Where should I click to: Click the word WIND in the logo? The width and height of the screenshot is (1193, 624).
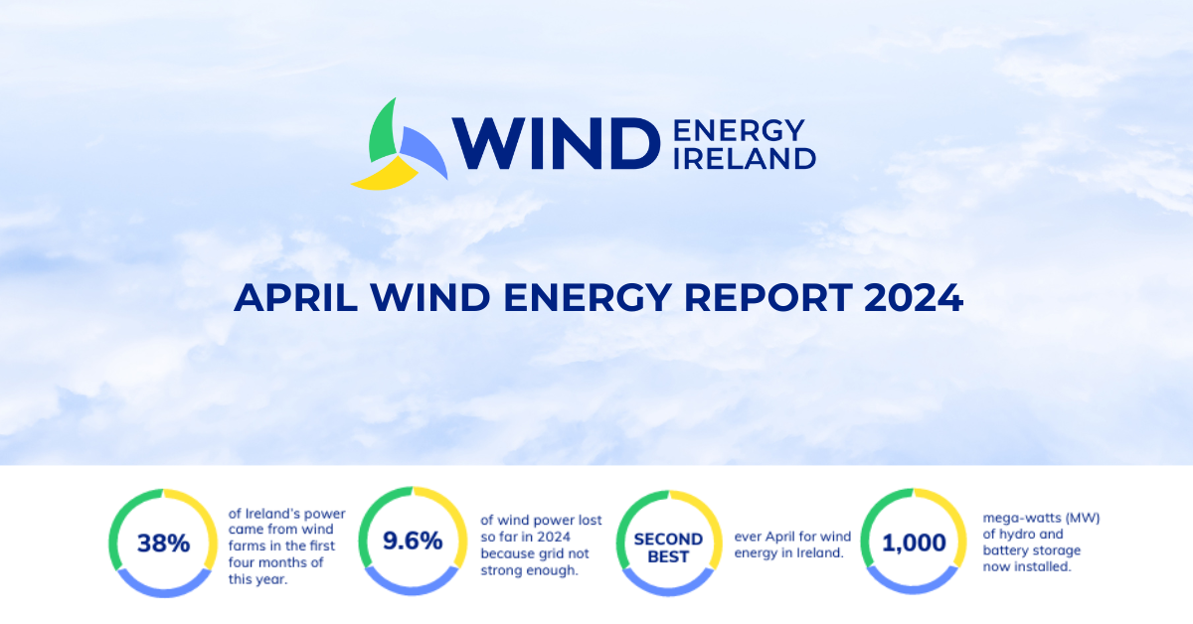coord(556,143)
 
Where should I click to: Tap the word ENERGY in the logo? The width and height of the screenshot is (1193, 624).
coord(739,130)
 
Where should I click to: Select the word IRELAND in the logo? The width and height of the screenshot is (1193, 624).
coord(745,158)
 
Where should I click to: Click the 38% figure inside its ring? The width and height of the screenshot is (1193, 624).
coord(163,544)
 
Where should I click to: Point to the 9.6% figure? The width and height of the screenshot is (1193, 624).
coord(413,542)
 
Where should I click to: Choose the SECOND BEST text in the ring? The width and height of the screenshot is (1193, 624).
coord(668,547)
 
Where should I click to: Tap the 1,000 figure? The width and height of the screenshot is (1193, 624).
coord(913,543)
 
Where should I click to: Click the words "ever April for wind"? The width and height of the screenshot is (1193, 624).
coord(792,537)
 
